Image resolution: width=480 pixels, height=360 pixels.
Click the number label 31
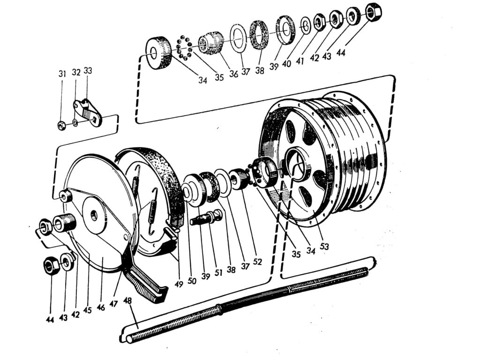pos(62,74)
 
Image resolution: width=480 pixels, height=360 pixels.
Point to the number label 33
pos(88,71)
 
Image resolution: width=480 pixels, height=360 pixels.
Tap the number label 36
pos(233,74)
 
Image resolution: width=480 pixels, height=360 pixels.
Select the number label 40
pos(287,64)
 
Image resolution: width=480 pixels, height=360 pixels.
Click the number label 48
pos(127,301)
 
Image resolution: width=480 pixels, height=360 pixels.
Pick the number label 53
pos(324,246)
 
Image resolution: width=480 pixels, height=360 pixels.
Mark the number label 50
pos(192,280)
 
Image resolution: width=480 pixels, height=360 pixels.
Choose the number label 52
pos(257,262)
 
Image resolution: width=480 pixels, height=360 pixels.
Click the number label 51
pos(218,272)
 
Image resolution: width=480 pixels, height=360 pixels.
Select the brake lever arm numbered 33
pos(88,112)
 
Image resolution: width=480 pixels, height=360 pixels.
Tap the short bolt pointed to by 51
pos(206,217)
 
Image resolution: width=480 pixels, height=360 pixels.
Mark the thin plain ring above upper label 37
pos(239,38)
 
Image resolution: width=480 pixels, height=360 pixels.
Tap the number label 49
pos(179,285)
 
